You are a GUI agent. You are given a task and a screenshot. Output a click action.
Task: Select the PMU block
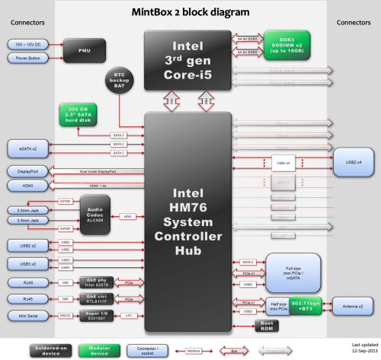click(85, 51)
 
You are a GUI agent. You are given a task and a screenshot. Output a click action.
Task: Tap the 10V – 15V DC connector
click(27, 44)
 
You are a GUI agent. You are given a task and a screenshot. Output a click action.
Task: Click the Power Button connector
click(27, 58)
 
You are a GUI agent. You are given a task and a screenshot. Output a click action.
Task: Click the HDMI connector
click(27, 185)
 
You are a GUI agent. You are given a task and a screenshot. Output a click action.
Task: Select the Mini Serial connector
click(27, 315)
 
